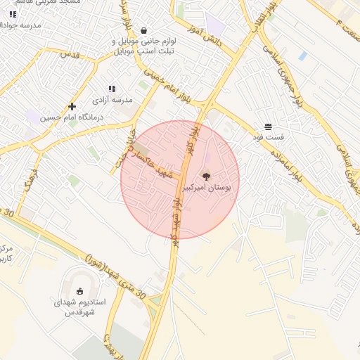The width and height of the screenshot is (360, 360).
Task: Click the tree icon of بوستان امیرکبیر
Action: point(206,177)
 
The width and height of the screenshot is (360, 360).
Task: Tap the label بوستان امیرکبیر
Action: point(207,189)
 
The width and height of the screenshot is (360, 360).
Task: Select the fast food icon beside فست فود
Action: point(269,127)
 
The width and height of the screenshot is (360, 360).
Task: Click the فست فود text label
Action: point(269,139)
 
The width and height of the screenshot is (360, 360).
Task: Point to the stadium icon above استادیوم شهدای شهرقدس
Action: point(79,291)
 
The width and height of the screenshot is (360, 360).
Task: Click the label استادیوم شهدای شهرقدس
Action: point(79,307)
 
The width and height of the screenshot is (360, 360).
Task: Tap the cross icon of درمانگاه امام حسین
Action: point(72,107)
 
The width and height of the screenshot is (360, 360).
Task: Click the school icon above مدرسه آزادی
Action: point(112,89)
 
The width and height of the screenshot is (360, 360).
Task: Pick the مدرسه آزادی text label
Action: point(112,101)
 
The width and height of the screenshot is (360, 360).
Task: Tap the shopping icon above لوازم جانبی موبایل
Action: point(144,30)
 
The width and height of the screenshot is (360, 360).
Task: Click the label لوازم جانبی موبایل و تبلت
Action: point(144,46)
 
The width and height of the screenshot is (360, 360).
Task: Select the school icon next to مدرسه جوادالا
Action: point(13,14)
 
